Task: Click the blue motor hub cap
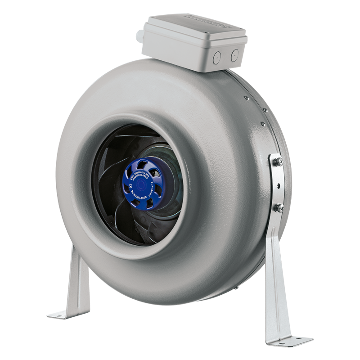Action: pyautogui.click(x=144, y=183)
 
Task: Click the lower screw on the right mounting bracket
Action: pyautogui.click(x=279, y=208)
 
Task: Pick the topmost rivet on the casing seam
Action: pyautogui.click(x=247, y=98)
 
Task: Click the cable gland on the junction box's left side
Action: pyautogui.click(x=144, y=33)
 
